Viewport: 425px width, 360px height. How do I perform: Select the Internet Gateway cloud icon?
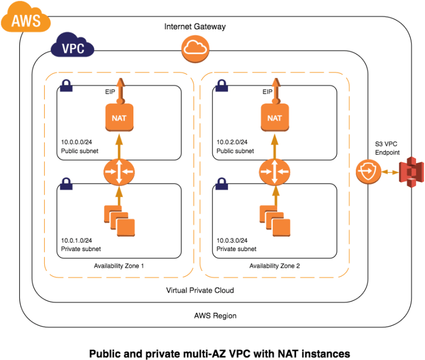(195, 50)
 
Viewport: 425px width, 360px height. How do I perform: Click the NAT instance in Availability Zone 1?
(118, 117)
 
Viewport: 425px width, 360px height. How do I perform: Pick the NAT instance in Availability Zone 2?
(274, 117)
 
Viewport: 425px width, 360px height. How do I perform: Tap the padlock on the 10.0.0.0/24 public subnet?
(66, 85)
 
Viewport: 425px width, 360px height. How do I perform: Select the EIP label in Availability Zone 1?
(110, 92)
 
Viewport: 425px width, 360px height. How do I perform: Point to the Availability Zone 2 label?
(274, 266)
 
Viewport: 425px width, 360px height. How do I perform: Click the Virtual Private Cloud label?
(200, 290)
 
